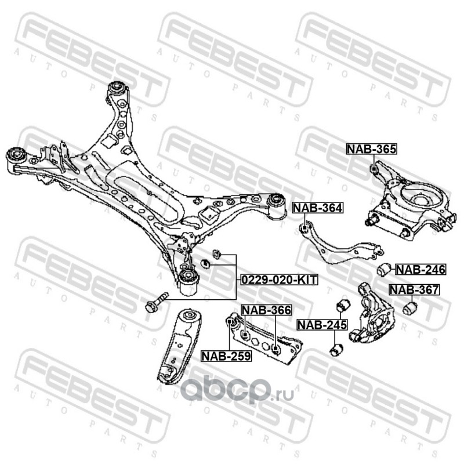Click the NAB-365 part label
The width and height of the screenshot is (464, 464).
coord(372,149)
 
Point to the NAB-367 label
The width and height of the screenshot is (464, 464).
coord(414,290)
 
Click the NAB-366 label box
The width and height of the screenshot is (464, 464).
coord(266,310)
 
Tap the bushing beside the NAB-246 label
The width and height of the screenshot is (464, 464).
coord(383,269)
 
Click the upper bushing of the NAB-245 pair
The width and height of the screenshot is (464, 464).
coord(343,305)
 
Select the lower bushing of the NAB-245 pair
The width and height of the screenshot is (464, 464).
coord(336,350)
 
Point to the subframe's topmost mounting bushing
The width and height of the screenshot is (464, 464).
coord(119,88)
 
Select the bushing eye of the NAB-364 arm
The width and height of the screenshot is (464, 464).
coord(302,227)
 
